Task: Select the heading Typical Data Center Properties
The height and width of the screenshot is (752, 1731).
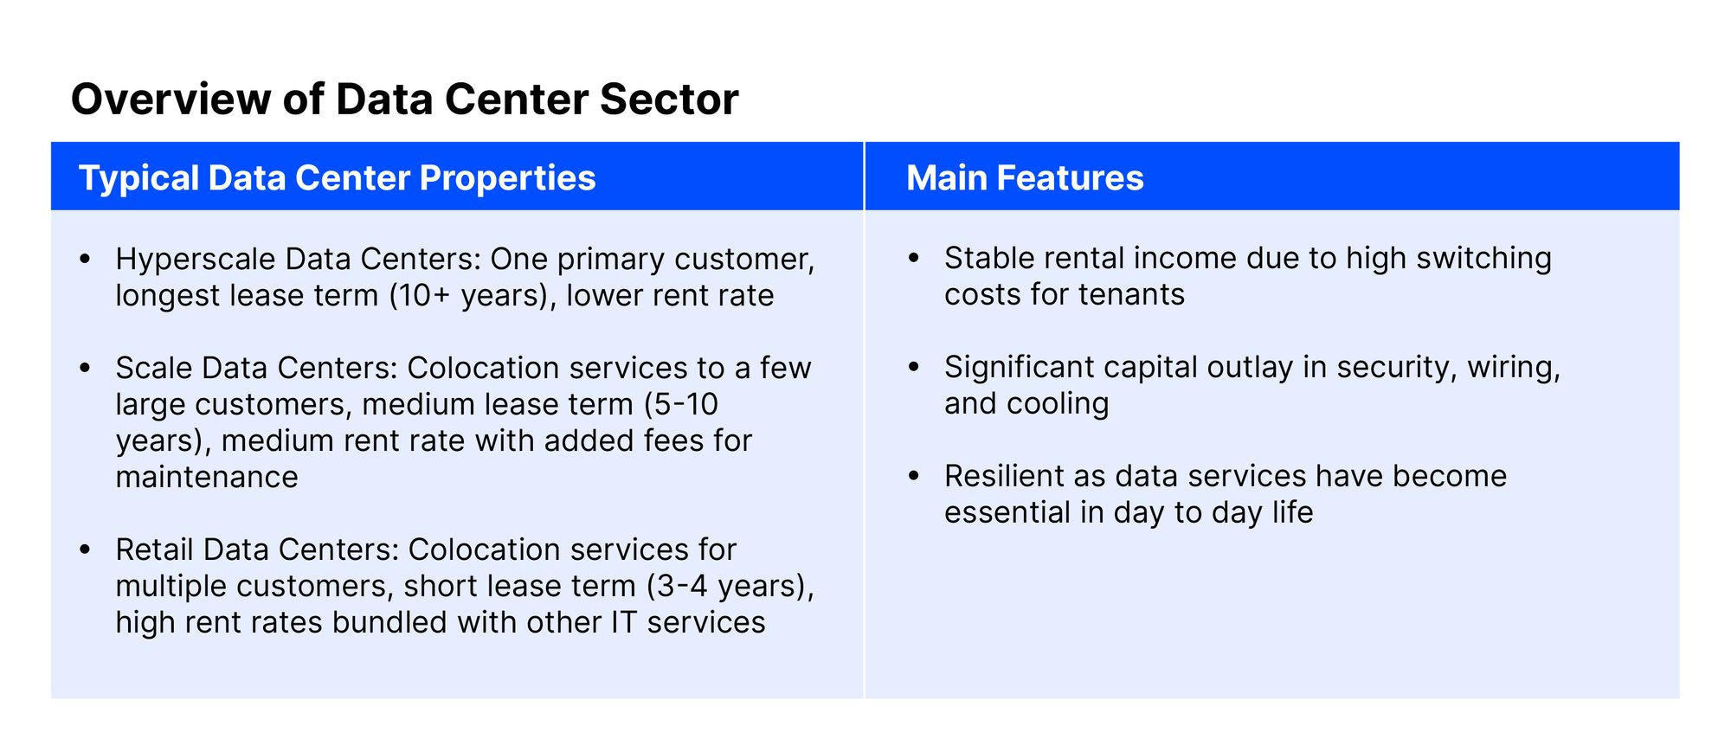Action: [x=338, y=178]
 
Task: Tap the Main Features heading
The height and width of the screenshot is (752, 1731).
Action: [x=1025, y=177]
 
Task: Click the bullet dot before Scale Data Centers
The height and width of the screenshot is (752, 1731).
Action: [x=84, y=369]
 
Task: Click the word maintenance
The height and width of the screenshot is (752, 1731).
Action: [x=207, y=477]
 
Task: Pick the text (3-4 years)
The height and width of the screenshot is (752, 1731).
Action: [x=730, y=587]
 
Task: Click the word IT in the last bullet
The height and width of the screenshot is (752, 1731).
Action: [x=624, y=622]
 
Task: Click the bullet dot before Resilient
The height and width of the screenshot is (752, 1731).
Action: [x=913, y=477]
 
